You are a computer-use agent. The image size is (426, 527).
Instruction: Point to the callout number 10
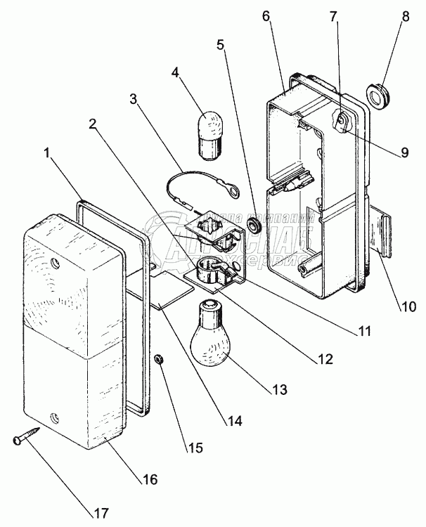409,306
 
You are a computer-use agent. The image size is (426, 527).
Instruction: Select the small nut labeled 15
159,360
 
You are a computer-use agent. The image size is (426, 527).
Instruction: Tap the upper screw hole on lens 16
56,266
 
